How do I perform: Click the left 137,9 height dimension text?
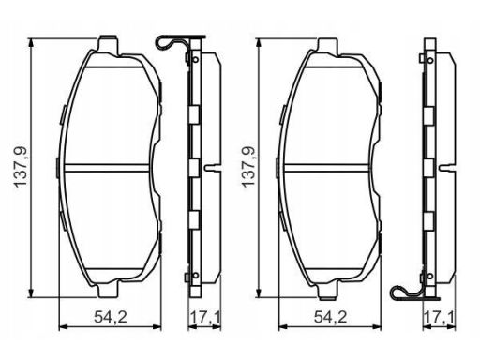(21, 167)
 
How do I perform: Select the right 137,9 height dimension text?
(248, 167)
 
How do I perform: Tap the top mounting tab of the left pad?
(109, 46)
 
